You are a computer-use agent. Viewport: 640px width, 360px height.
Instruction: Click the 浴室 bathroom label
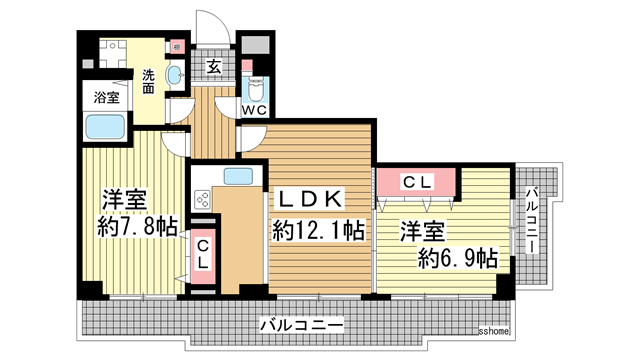coord(105,98)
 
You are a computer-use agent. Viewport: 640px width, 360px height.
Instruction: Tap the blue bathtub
coord(104,128)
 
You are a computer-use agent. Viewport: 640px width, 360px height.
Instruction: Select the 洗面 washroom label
coord(148,81)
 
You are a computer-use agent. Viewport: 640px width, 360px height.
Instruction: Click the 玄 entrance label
coord(214,68)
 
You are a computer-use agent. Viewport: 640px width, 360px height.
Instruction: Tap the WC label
coord(254,111)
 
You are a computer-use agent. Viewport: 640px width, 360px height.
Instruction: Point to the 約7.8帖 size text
coord(137,226)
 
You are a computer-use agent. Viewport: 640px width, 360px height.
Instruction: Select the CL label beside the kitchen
coord(202,254)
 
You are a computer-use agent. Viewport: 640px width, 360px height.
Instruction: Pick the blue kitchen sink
coord(238,177)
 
